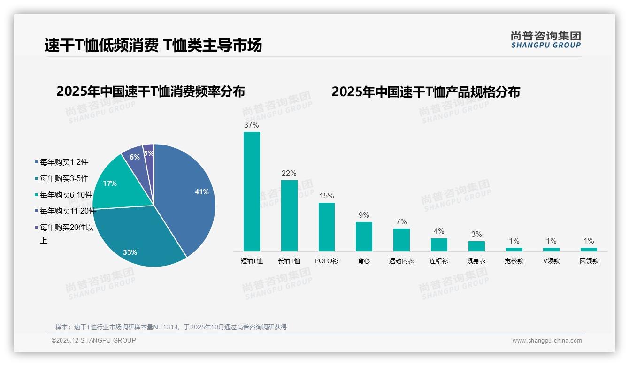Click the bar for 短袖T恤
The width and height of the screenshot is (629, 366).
[x=252, y=191]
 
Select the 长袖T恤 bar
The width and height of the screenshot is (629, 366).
[x=289, y=215]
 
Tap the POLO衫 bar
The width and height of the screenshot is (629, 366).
[x=327, y=227]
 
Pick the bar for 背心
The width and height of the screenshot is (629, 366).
[x=364, y=236]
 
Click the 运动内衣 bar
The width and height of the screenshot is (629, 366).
[x=401, y=239]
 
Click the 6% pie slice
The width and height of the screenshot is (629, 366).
[x=134, y=157]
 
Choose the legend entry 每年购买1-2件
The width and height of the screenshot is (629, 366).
[x=64, y=162]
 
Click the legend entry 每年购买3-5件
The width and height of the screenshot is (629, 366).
[x=64, y=178]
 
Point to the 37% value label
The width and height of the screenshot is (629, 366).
[x=251, y=125]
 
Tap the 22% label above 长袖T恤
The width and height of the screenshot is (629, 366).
[x=289, y=174]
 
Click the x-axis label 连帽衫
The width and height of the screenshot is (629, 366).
[x=439, y=261]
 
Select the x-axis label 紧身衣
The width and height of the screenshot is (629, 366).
[x=476, y=261]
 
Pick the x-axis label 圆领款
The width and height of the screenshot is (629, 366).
[x=589, y=261]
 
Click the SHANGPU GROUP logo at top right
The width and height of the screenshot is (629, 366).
[x=546, y=40]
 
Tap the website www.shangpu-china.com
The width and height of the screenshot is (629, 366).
[x=547, y=341]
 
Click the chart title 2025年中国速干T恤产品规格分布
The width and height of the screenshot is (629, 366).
[x=426, y=92]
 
